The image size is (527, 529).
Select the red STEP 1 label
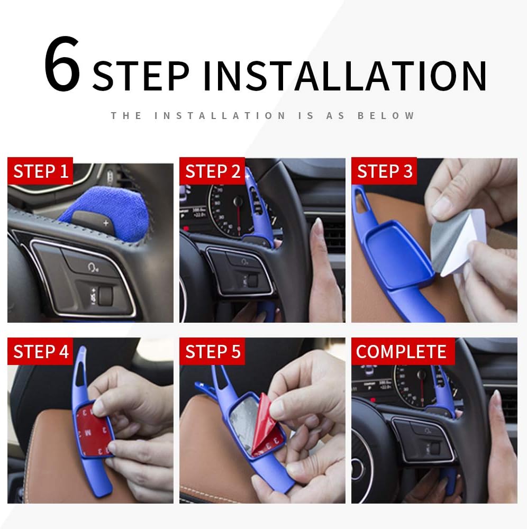[x=41, y=172]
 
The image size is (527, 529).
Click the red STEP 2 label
[x=213, y=172]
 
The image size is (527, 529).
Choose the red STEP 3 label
[x=384, y=172]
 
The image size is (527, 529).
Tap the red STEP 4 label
[x=41, y=352]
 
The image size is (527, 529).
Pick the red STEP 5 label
[x=213, y=352]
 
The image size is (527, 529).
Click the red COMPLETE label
[x=401, y=352]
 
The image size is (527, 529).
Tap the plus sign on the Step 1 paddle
[x=106, y=223]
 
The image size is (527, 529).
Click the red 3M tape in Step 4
[x=95, y=428]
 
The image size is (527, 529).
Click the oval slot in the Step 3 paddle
[x=361, y=197]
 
